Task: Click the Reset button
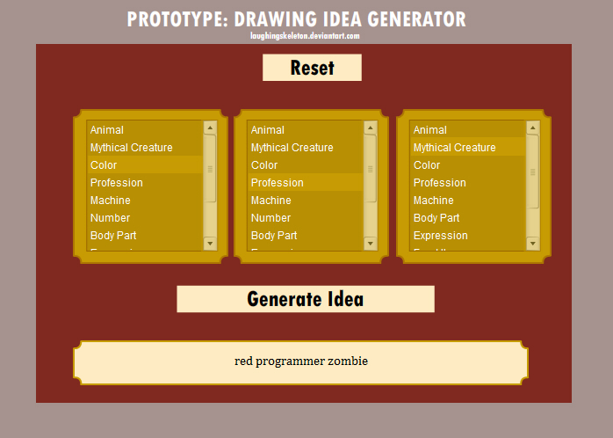click(312, 68)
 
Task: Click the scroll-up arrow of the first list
click(210, 128)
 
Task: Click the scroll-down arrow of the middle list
click(371, 244)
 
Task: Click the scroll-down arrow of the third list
click(533, 244)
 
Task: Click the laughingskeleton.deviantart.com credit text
click(305, 36)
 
